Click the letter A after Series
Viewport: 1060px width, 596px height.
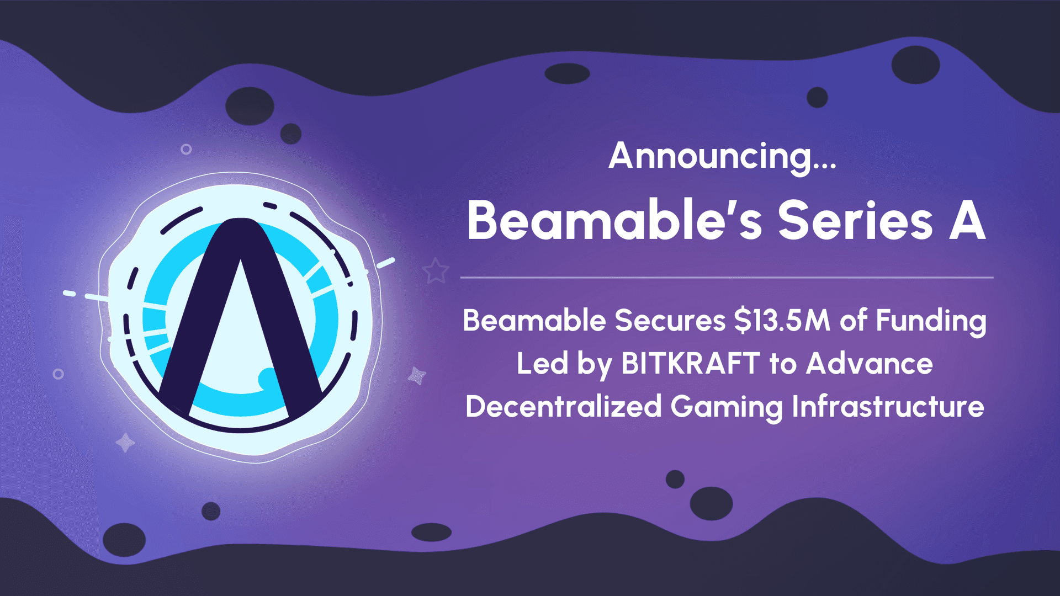(x=968, y=221)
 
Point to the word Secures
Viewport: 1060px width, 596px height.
(x=670, y=321)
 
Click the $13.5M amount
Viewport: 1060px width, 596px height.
(x=782, y=321)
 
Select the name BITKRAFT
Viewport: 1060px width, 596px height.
(x=691, y=364)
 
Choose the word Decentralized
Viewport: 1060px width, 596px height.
(x=564, y=407)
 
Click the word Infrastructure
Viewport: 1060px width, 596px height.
(x=888, y=407)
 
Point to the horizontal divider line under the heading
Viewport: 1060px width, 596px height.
(x=727, y=277)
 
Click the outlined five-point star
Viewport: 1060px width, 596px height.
(x=436, y=270)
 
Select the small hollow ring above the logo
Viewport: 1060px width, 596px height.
(x=186, y=149)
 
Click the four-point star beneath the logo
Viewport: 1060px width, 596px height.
(x=125, y=442)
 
